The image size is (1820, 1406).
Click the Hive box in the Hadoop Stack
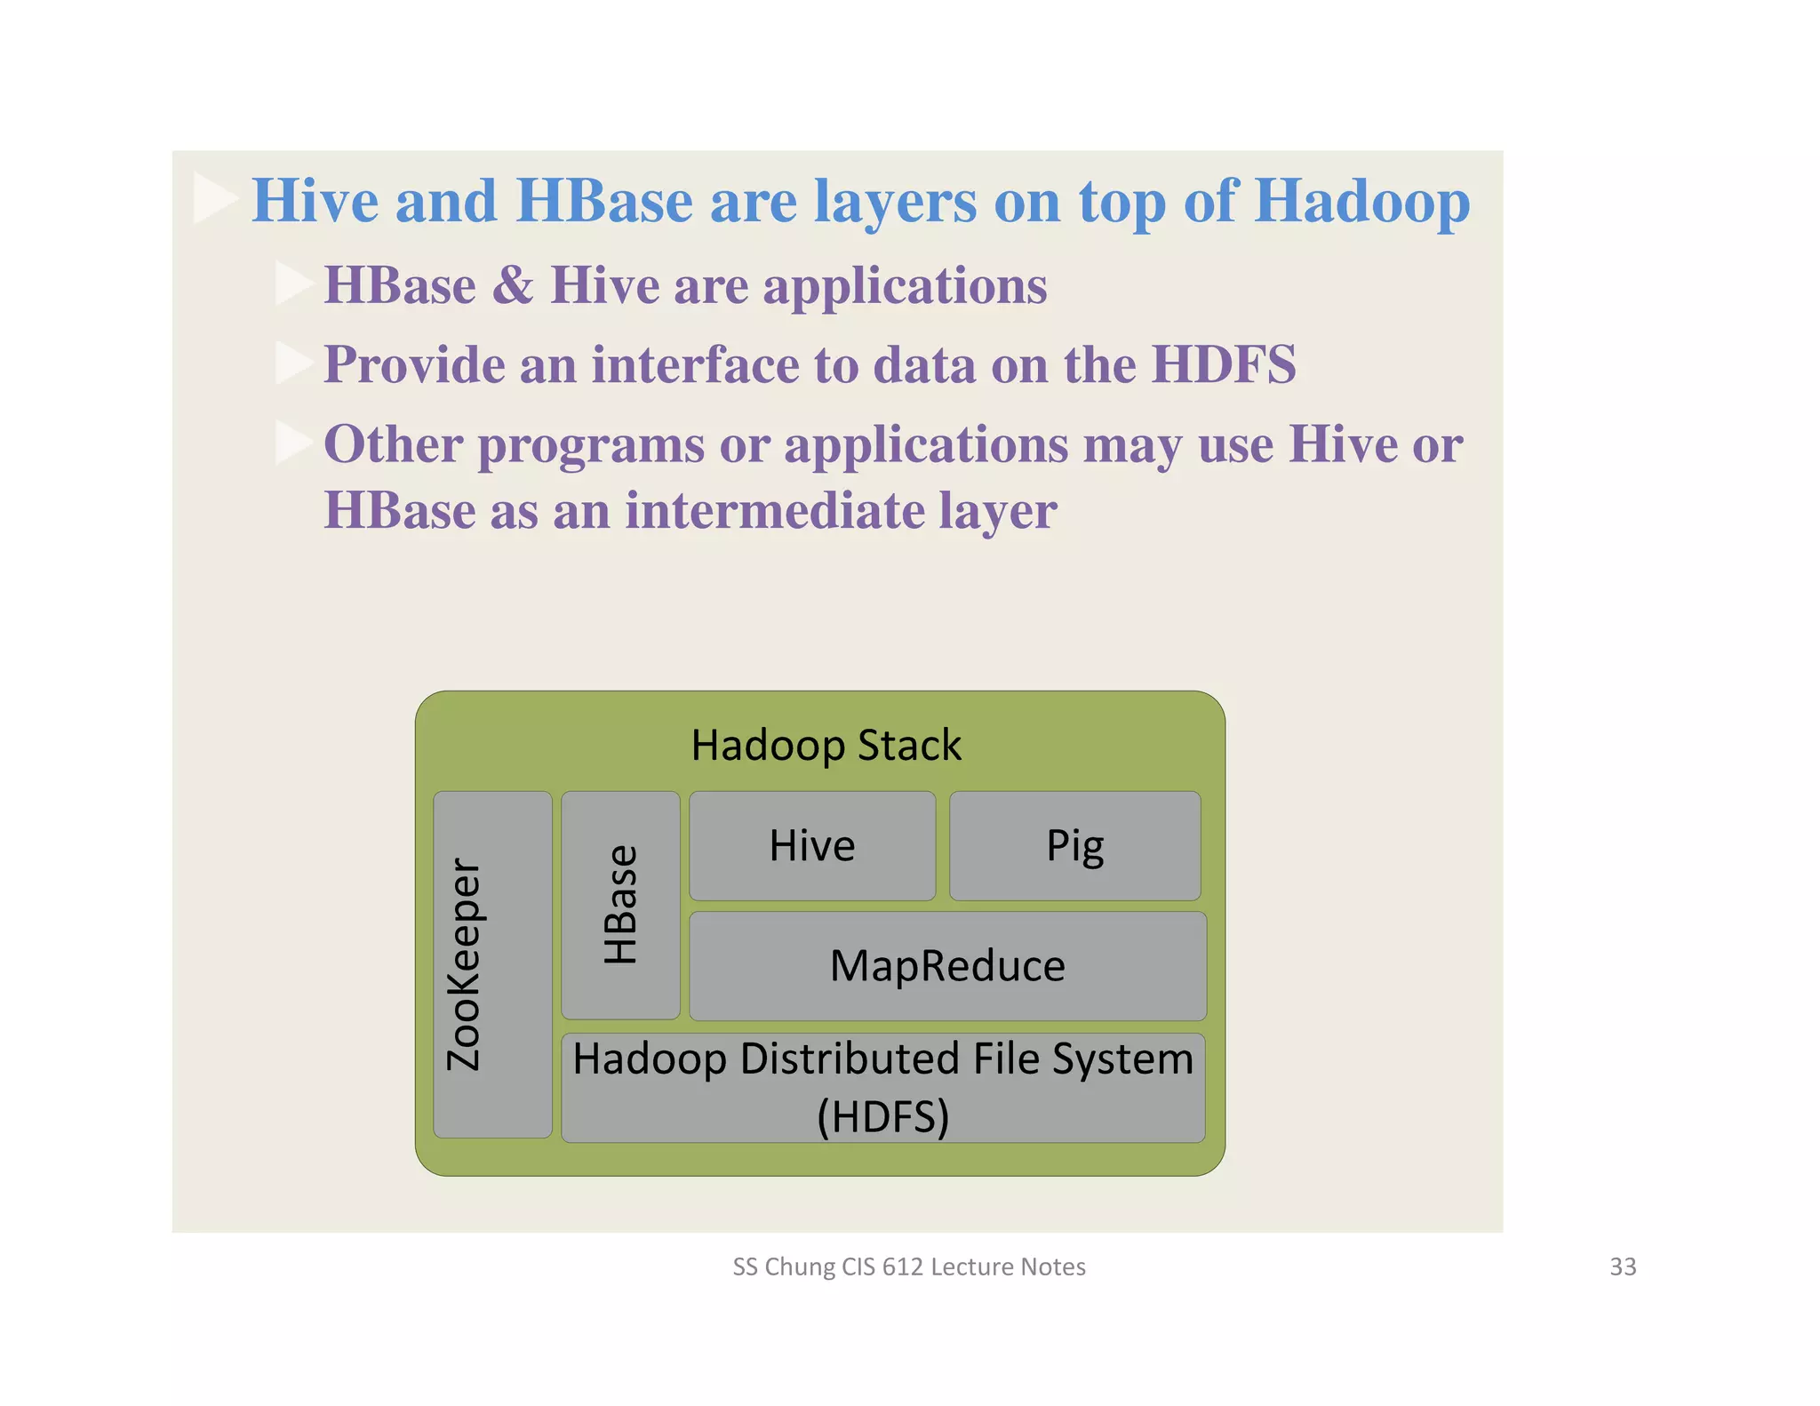coord(812,845)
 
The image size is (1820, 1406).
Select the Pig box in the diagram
coord(1074,845)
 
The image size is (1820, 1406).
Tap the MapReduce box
coord(947,966)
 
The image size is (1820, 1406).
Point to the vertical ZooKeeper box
coord(492,964)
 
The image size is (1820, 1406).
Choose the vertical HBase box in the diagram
coord(620,905)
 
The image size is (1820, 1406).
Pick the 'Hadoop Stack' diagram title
coord(826,745)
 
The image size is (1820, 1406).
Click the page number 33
coord(1623,1266)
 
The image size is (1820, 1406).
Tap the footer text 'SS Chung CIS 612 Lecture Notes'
coord(908,1266)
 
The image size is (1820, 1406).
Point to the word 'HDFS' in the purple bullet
coord(1224,364)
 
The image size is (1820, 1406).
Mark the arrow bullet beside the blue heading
coord(214,198)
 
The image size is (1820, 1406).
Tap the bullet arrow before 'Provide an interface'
coord(292,363)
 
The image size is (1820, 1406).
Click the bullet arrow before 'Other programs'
coord(292,443)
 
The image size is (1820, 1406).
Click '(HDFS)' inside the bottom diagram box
coord(882,1117)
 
